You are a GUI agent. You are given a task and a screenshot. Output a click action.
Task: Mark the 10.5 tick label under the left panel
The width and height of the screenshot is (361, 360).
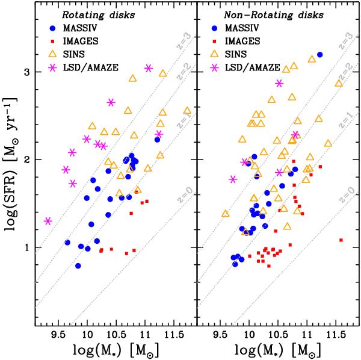[x=115, y=332]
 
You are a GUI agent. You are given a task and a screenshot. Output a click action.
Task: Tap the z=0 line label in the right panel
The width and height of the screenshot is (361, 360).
[x=344, y=196]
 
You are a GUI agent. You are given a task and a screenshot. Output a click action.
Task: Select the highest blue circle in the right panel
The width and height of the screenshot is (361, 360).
[x=320, y=55]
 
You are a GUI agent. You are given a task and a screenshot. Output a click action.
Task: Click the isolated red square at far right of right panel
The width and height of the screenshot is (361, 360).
[x=341, y=240]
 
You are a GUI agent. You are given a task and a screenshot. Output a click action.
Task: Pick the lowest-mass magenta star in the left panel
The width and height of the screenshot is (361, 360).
[x=48, y=221]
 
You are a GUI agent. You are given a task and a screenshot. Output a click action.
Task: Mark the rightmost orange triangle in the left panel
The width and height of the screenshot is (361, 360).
[x=187, y=111]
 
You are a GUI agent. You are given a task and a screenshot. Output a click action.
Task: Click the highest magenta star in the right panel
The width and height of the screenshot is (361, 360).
[x=279, y=83]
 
